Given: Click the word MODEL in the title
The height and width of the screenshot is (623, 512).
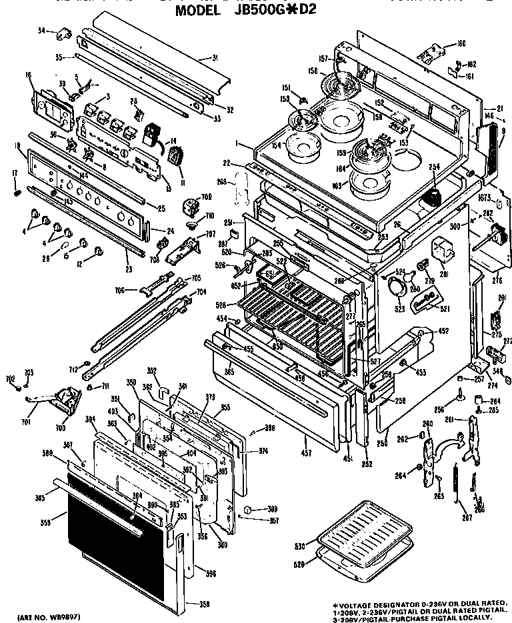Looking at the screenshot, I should (198, 11).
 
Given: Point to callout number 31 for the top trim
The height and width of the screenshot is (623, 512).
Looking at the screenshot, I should (215, 58).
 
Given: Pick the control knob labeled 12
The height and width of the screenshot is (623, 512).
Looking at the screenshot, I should (99, 251).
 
